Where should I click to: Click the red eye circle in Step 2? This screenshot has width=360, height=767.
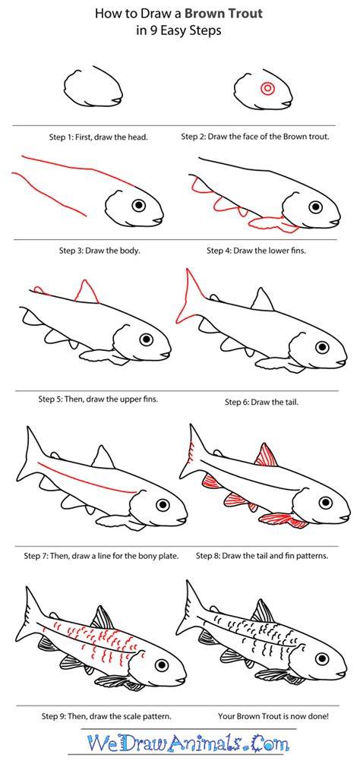pos(267,89)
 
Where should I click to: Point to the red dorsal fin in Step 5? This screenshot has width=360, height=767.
pos(87,292)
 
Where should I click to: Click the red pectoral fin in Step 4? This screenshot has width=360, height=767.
pos(274,224)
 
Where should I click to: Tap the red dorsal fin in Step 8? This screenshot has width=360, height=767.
pos(267,456)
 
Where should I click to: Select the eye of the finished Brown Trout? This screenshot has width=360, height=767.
pos(323,658)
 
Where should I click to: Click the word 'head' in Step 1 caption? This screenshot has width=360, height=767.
pos(138,137)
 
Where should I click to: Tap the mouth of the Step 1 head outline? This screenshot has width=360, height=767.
pos(116,100)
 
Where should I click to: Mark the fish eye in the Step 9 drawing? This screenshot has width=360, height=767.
pos(162,664)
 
